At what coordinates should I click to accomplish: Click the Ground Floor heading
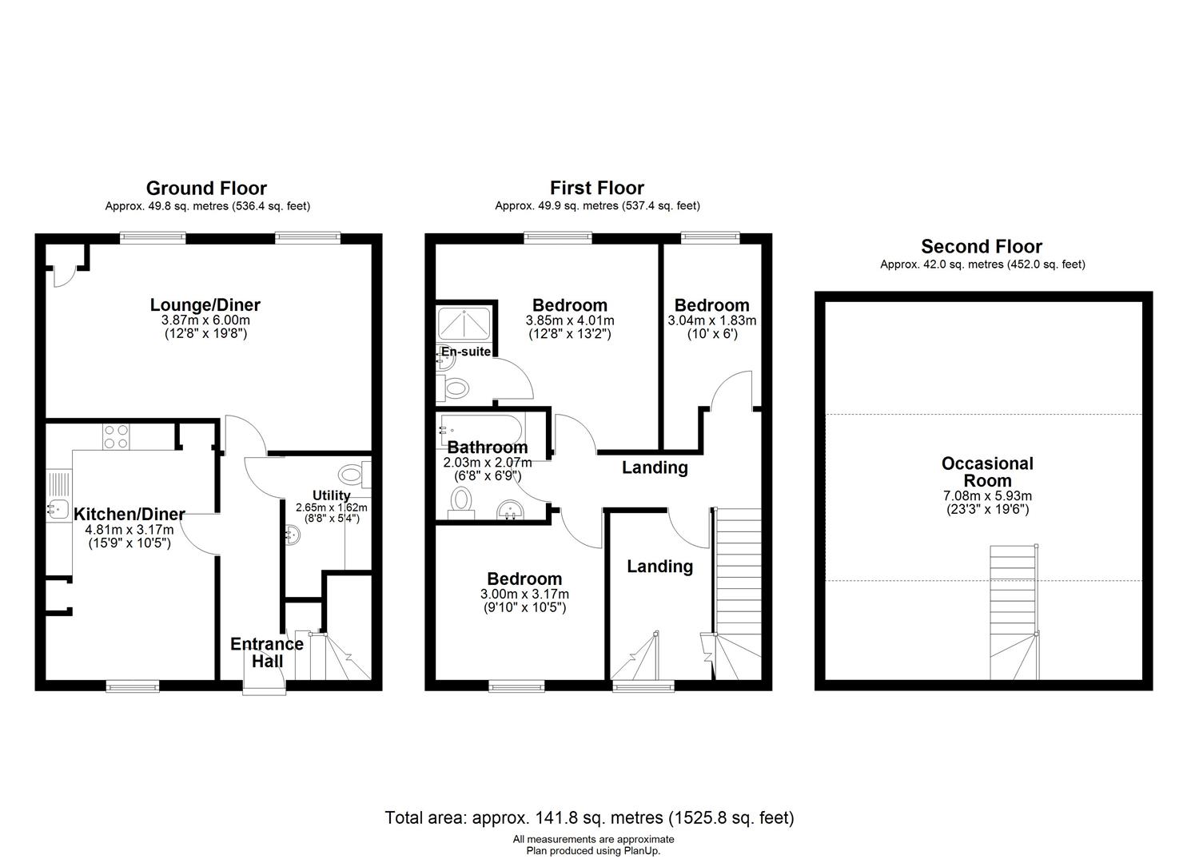pyautogui.click(x=206, y=188)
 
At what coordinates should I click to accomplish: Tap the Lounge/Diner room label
pyautogui.click(x=205, y=304)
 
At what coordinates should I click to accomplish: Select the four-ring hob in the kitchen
pyautogui.click(x=116, y=437)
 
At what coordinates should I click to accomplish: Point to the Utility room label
pyautogui.click(x=331, y=495)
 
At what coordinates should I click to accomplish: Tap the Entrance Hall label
pyautogui.click(x=267, y=652)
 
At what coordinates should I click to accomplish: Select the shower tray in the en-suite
pyautogui.click(x=464, y=324)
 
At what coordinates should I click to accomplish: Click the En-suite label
pyautogui.click(x=466, y=352)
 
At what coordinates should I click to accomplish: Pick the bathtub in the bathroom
pyautogui.click(x=482, y=431)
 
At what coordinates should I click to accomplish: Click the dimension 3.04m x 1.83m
pyautogui.click(x=711, y=320)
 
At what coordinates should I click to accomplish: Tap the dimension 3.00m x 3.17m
pyautogui.click(x=524, y=594)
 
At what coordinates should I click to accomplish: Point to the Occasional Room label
pyautogui.click(x=987, y=471)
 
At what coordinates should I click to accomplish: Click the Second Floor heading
pyautogui.click(x=982, y=246)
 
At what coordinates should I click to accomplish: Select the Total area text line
pyautogui.click(x=589, y=817)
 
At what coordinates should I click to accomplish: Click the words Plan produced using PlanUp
pyautogui.click(x=593, y=851)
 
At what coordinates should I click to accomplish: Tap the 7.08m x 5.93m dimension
pyautogui.click(x=987, y=496)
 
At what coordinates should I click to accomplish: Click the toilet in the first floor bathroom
pyautogui.click(x=461, y=503)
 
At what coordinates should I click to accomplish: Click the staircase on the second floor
pyautogui.click(x=1014, y=612)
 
